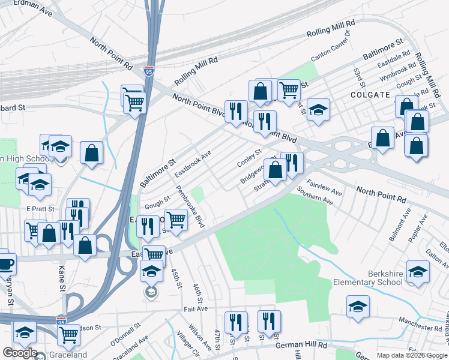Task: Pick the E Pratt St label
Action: (40, 208)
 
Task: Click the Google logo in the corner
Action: (20, 353)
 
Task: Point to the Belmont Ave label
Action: (399, 225)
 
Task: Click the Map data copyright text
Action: (411, 355)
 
